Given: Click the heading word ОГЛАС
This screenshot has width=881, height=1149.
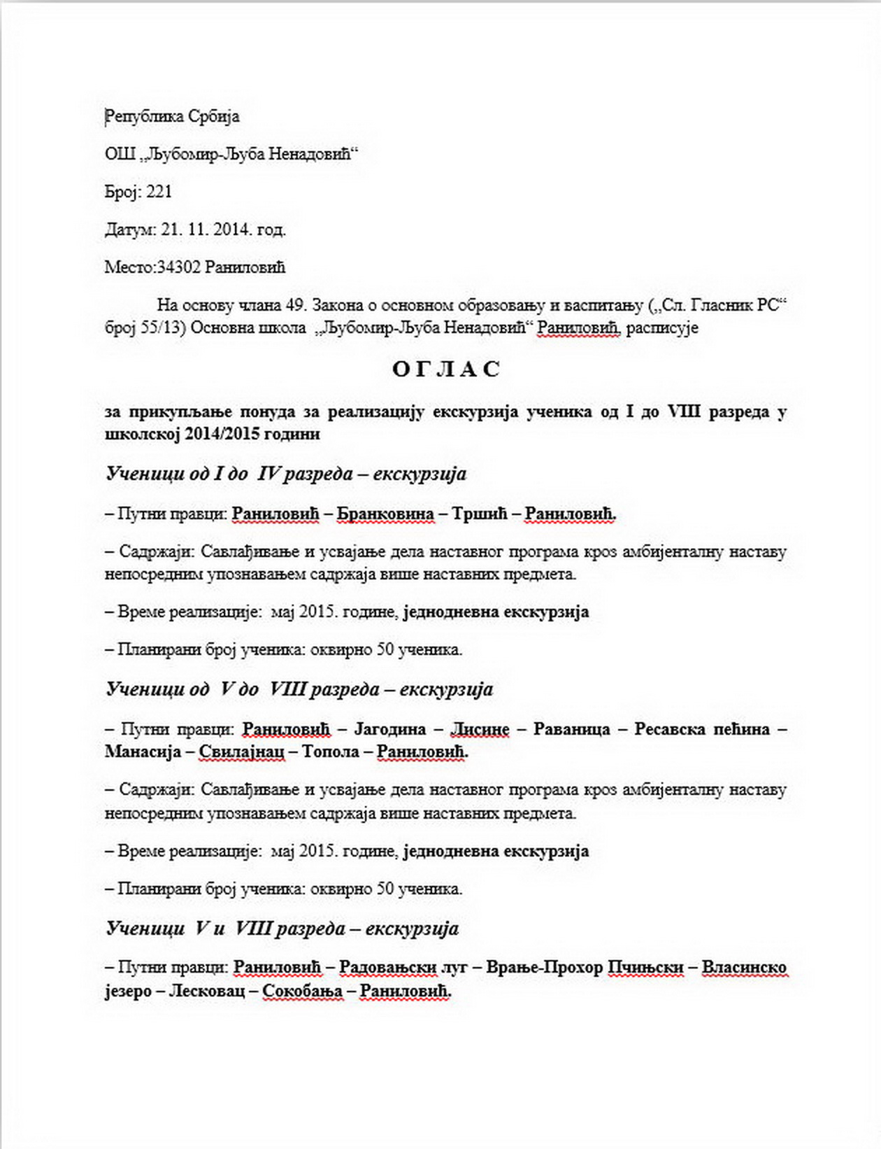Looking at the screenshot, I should point(446,369).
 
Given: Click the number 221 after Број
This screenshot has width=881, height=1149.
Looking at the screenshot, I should point(159,192).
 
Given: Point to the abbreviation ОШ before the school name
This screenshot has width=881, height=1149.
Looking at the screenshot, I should point(120,154).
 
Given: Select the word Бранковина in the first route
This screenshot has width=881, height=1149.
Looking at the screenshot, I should point(385,514).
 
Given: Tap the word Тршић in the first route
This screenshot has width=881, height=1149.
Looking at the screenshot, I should point(479,514).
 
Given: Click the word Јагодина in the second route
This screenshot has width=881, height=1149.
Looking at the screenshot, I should point(390,729).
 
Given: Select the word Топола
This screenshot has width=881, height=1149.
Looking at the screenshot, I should point(331,752).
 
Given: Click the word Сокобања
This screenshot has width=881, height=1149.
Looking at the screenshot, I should point(303,991).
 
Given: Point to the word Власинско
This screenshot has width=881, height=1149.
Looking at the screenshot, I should point(744,968).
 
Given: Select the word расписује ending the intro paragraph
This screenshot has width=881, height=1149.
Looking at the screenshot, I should point(662,328).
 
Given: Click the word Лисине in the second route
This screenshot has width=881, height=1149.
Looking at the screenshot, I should point(480,729).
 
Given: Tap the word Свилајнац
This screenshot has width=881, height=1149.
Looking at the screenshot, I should point(242,752).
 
